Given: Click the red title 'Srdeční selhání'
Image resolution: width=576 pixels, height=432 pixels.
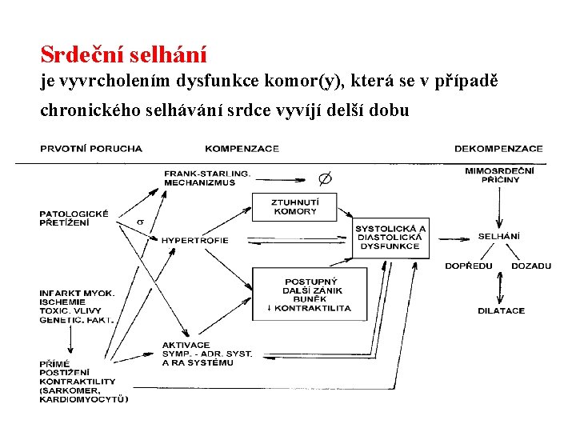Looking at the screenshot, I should coord(123,54).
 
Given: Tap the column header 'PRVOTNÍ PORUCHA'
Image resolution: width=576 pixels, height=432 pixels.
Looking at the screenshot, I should coord(90,148).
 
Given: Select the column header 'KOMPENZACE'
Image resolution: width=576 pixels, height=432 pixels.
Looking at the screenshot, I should coord(242,148).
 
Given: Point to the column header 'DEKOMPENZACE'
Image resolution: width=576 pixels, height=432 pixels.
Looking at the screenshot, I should coord(498,148).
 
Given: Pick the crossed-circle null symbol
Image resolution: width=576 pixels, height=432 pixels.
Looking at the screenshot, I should coord(326,178).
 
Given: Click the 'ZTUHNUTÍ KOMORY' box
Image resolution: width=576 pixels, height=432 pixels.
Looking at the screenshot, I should coord(294,206).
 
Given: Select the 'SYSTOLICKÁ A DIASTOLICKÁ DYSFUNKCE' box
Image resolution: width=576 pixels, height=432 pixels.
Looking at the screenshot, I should coord(390,237).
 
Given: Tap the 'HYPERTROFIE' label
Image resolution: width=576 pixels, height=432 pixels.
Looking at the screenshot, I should coord(194,240).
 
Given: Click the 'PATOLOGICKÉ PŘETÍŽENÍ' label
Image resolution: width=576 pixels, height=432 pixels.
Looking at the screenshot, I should coord(74,218).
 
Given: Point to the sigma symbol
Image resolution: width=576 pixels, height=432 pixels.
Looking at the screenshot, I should coord(140,222).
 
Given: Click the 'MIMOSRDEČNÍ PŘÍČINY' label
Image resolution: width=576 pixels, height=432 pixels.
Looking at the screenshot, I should coord(500,174).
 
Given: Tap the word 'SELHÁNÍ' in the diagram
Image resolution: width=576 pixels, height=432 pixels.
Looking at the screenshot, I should coord(499,236).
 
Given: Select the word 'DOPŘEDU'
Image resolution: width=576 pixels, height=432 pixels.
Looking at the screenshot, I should coord(469,266).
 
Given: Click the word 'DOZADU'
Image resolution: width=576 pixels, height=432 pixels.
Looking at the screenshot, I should coord(530,266).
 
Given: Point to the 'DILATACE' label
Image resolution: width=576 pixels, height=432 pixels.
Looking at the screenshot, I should coord(502,310).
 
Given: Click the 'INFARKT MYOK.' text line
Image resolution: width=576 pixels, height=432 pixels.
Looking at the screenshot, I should coord(77,293).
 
